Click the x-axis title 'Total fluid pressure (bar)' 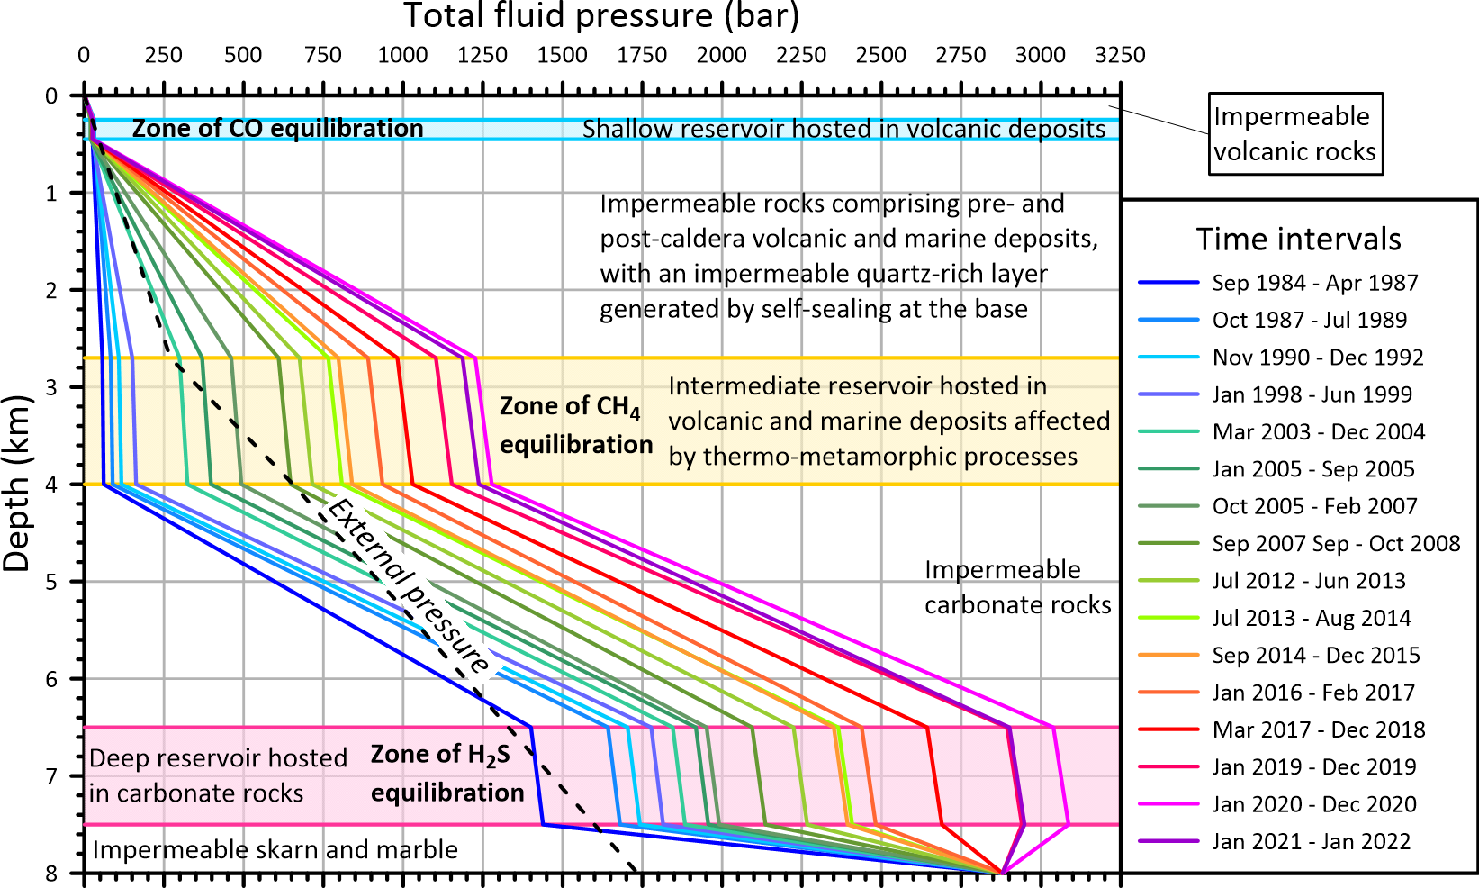tap(601, 16)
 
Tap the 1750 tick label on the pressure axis tap(642, 56)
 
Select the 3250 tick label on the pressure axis tap(1120, 56)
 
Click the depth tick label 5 tap(51, 582)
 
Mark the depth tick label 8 tap(51, 873)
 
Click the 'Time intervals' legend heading tap(1298, 240)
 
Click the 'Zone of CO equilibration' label tap(277, 129)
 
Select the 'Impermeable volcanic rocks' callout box tap(1294, 133)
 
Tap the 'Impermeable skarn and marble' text tap(275, 850)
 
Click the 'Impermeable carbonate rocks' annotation tap(1017, 587)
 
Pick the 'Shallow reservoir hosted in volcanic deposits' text tap(843, 130)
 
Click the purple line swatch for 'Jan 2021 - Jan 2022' tap(1168, 841)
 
